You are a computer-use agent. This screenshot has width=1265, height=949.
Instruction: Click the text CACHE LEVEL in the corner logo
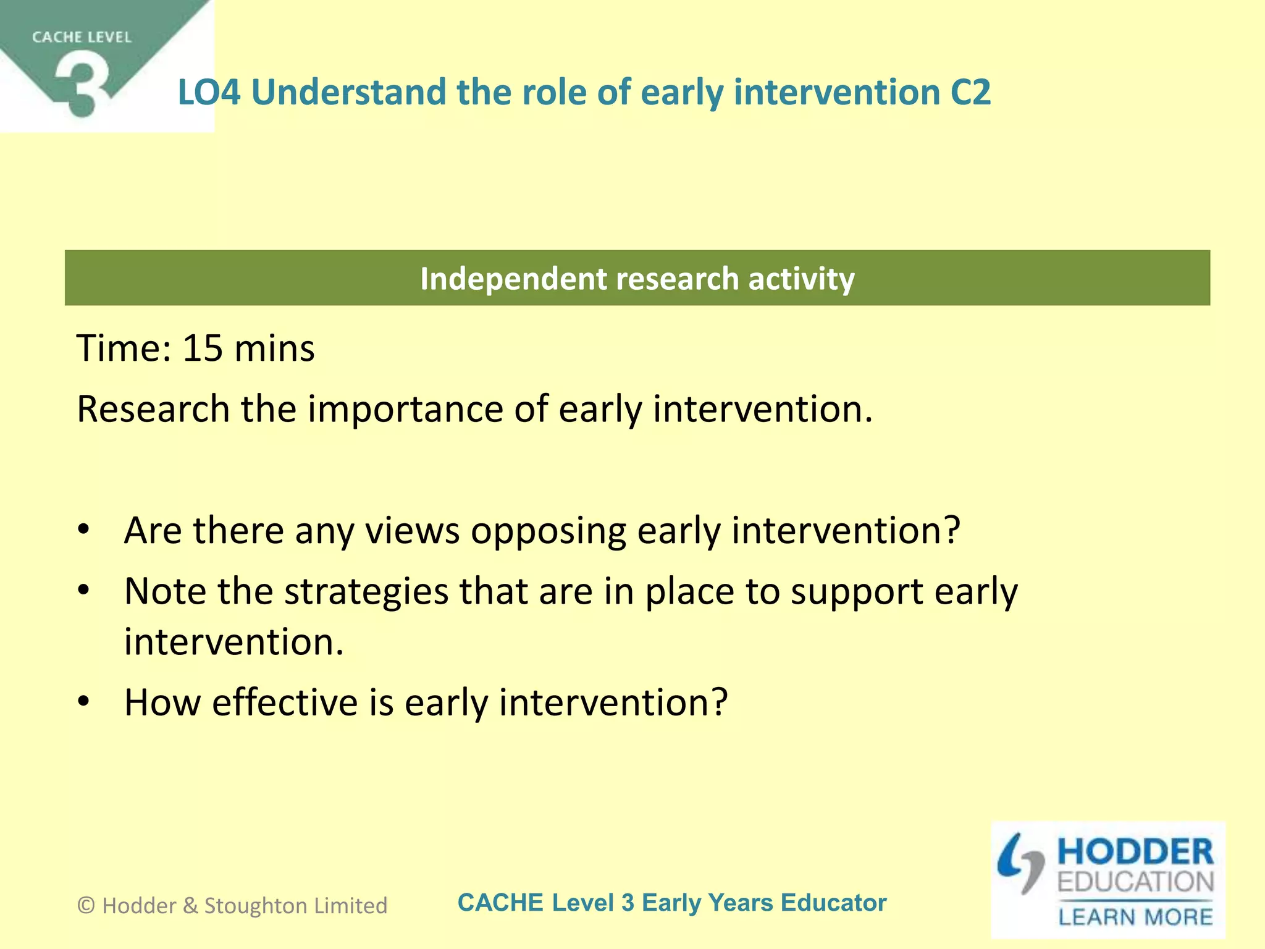point(82,38)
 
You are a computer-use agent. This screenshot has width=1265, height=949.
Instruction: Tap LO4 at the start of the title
point(209,93)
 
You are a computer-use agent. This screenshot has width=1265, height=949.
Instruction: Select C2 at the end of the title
point(970,93)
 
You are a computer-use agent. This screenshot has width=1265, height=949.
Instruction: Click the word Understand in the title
point(348,93)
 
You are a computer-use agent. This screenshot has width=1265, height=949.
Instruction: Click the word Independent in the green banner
point(513,279)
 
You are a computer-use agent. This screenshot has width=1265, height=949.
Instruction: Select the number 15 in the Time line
point(203,348)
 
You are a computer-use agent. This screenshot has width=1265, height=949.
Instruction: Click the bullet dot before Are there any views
point(84,530)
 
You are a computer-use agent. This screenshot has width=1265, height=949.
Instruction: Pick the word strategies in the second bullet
point(366,592)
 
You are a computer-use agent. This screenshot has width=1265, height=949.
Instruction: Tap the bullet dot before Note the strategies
point(84,591)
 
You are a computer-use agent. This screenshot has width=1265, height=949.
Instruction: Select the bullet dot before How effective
point(84,702)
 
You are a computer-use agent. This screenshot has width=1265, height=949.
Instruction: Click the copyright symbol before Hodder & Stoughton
point(86,906)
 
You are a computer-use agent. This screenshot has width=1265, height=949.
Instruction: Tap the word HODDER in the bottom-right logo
point(1135,852)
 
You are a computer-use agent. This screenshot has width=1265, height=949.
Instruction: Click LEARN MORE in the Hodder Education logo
point(1135,917)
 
